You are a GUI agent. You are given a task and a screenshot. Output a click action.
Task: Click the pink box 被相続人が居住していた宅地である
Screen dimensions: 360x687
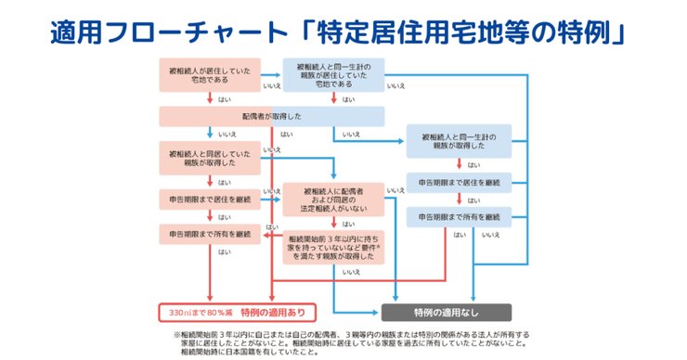(213, 75)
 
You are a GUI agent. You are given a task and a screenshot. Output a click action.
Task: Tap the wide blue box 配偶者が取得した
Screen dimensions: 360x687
(272, 116)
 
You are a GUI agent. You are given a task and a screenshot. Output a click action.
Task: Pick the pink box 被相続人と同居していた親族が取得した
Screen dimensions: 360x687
(213, 156)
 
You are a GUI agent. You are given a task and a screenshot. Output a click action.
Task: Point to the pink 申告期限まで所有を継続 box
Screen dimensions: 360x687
(213, 233)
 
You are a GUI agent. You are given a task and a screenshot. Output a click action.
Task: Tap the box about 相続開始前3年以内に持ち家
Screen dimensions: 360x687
(333, 245)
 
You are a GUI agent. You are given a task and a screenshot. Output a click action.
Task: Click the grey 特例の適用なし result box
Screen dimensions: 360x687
(444, 311)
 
